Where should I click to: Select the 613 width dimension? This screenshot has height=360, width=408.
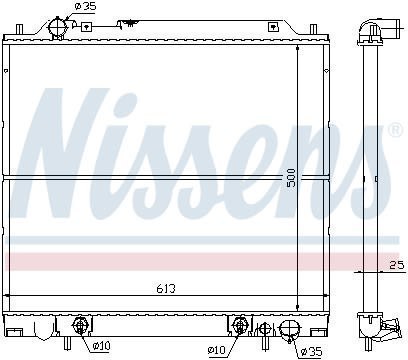168,289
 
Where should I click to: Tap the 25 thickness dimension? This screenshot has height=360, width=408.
395,264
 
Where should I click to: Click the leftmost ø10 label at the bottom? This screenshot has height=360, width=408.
102,348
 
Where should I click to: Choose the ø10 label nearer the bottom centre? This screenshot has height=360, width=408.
217,349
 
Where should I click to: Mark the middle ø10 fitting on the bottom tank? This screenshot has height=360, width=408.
241,325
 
